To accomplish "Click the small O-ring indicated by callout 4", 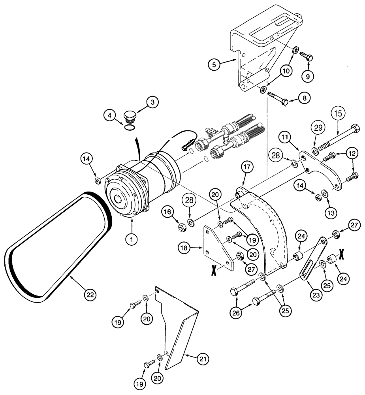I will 128,127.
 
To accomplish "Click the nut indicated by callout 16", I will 182,226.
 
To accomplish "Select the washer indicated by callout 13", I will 325,194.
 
